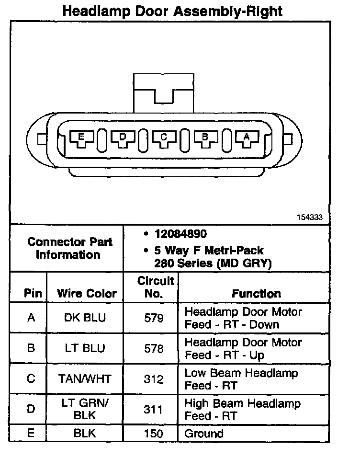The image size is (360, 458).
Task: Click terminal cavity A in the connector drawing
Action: coord(247,138)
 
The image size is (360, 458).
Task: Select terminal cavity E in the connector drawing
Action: coord(81,138)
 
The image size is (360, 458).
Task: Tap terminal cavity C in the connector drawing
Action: coord(164,138)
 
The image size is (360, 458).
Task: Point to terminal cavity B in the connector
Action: coord(205,138)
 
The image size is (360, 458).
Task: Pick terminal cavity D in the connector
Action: coord(123,138)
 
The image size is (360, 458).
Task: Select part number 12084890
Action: coord(180,234)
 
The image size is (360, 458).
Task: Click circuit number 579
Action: coord(154,318)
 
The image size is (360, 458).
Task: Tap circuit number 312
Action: coord(154,379)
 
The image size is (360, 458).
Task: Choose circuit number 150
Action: coord(154,434)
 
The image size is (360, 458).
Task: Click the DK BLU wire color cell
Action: coord(85,318)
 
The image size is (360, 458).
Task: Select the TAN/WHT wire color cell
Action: coord(85,379)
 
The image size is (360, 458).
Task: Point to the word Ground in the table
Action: coord(204,434)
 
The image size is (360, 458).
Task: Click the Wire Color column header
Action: coord(87,293)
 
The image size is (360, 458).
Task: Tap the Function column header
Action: coord(257,293)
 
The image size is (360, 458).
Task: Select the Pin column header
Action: coord(33,293)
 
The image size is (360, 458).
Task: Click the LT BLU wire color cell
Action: coord(85,349)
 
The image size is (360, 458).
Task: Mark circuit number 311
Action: coord(154,410)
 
